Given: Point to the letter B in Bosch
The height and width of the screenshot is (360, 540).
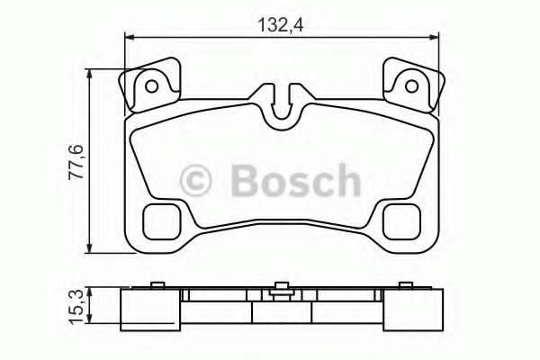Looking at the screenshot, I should (x=246, y=181).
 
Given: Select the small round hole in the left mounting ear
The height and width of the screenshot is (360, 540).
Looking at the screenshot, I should (x=152, y=86).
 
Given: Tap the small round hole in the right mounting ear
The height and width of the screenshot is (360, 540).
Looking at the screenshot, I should (x=412, y=86).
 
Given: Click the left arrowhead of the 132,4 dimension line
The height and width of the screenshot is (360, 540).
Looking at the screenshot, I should (x=129, y=37).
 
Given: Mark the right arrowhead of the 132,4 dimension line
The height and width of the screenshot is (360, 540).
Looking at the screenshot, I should (x=438, y=37).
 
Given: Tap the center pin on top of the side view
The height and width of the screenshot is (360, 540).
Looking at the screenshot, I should (x=281, y=287).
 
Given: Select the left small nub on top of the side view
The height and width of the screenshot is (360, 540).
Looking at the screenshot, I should (x=157, y=286).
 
